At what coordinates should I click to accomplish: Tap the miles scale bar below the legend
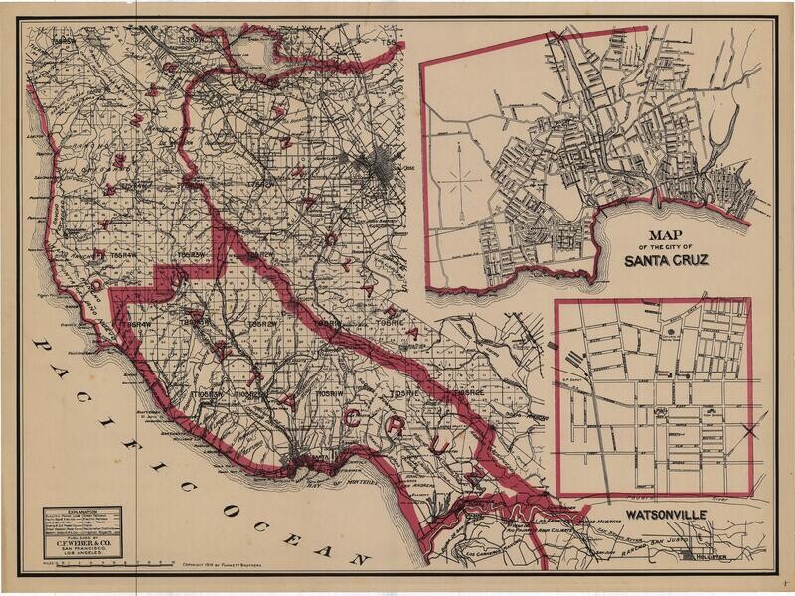coord(94,562)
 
